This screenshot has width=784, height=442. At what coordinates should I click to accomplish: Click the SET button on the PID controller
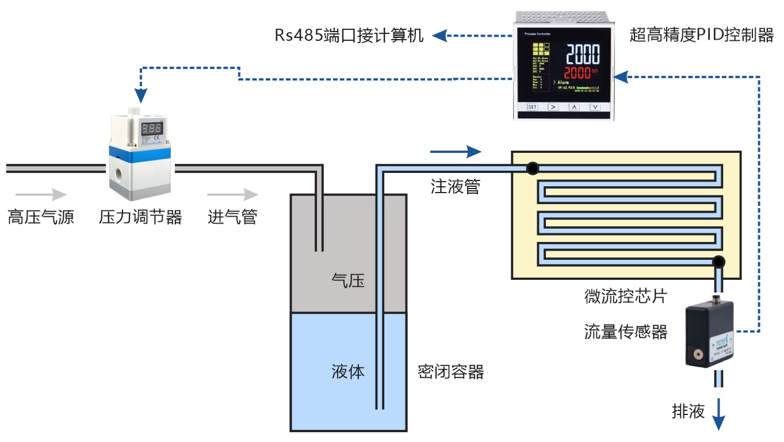coord(532,107)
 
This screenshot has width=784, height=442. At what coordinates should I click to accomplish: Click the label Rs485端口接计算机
coord(349,36)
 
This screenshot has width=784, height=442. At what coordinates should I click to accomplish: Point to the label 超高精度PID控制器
coord(701,36)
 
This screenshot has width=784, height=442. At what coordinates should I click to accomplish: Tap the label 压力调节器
coord(140,217)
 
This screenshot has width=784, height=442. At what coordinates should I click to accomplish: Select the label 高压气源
coord(41,217)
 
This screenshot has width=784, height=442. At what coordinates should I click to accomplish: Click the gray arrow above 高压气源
coord(41,194)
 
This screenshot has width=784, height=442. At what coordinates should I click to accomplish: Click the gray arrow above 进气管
coord(233,194)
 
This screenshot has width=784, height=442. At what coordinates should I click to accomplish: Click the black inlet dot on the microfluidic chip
coord(533,168)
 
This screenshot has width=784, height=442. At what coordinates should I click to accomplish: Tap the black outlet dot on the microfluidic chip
coord(717,262)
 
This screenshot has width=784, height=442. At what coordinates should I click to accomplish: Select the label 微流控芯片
coord(625,297)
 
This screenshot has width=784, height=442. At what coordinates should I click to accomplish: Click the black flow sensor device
coord(710,336)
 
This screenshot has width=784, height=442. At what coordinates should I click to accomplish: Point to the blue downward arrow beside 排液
coord(719,416)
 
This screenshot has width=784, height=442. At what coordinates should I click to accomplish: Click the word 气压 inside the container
coord(348,280)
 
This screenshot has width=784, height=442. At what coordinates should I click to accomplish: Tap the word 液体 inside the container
coord(348,371)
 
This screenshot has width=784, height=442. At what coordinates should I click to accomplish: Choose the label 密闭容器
coord(450,372)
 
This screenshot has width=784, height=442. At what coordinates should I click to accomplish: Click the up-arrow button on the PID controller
coord(574,107)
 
